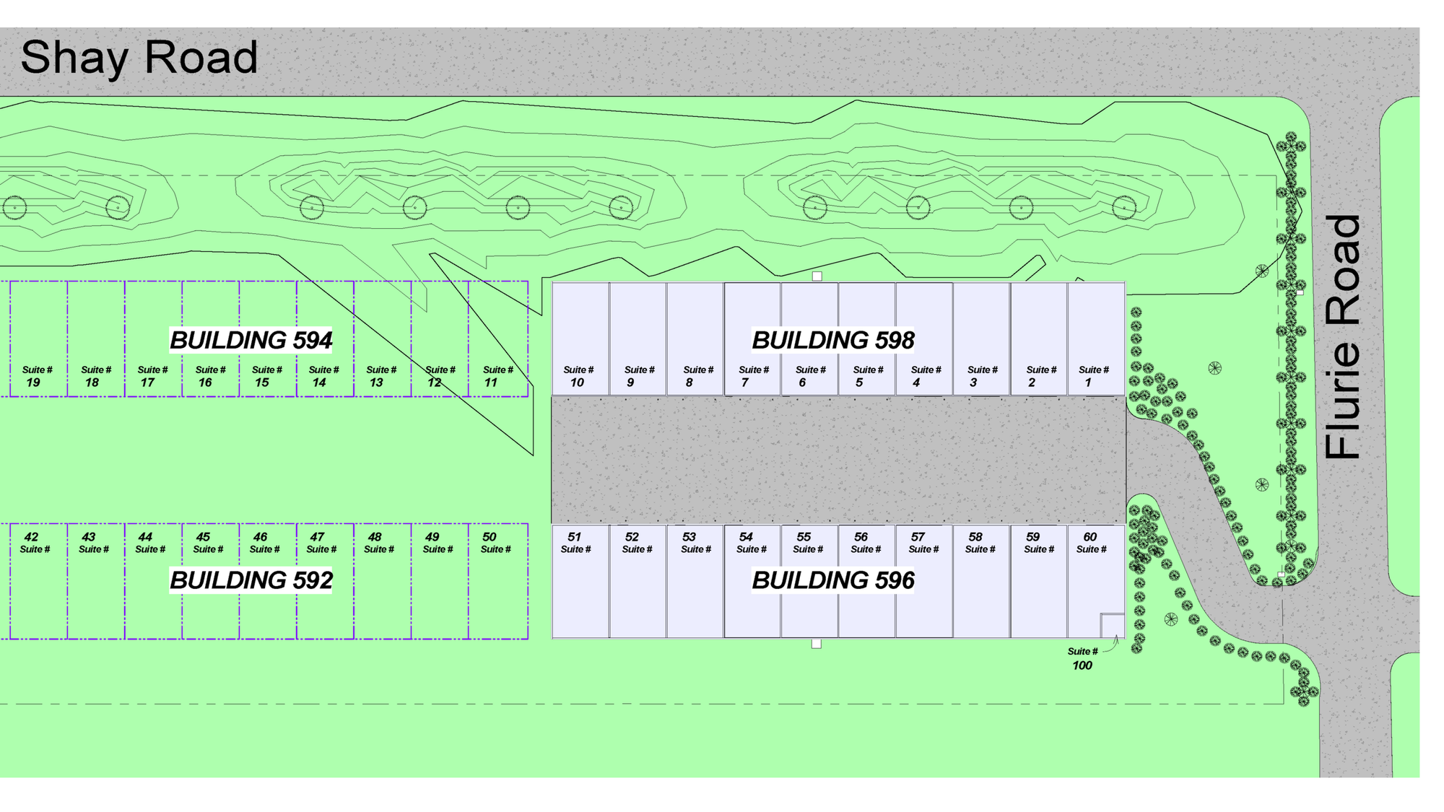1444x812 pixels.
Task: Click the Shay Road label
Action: [x=139, y=58]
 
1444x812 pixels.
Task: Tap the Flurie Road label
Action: [x=1343, y=336]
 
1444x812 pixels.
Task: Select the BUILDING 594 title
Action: [x=251, y=340]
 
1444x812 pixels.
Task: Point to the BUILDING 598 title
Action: [x=832, y=340]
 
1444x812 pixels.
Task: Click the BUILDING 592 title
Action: [x=251, y=580]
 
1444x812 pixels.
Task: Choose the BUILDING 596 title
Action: [x=832, y=580]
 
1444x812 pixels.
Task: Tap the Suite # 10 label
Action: [x=578, y=376]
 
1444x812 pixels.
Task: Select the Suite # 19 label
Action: [x=36, y=376]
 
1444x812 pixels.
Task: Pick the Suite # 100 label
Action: [x=1082, y=658]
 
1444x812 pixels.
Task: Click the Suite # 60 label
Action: [x=1091, y=543]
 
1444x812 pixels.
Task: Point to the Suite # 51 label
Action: [x=575, y=543]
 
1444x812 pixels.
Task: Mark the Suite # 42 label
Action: [x=34, y=543]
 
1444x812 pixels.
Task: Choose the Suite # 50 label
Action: [x=495, y=543]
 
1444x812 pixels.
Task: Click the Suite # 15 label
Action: [x=266, y=376]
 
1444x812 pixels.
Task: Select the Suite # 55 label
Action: [x=807, y=543]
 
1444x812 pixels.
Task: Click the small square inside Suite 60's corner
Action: [x=1112, y=625]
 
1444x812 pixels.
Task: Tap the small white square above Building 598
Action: [x=817, y=276]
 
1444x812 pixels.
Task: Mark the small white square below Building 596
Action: [x=816, y=644]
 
